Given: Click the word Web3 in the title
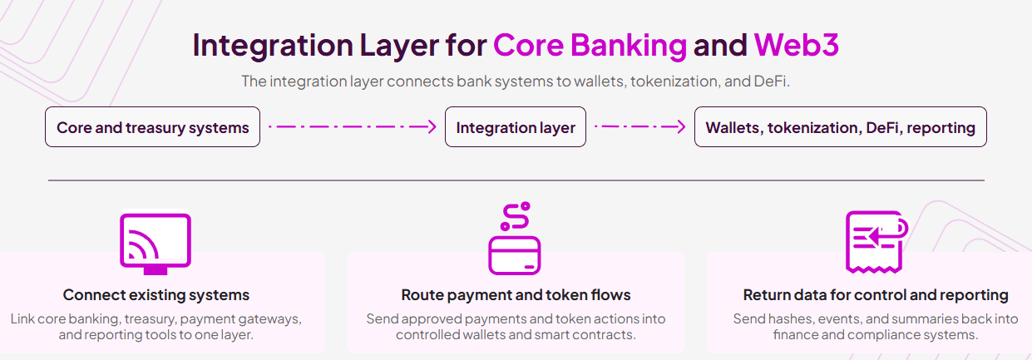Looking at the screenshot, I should (796, 45).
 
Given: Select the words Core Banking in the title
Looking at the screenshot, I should (590, 45).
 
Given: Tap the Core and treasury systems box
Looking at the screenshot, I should (152, 127).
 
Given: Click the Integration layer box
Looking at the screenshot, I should (516, 127).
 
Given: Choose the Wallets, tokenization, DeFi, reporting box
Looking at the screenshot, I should (840, 127).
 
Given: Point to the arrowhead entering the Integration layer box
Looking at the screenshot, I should (430, 127).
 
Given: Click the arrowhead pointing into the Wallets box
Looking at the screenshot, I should (679, 127).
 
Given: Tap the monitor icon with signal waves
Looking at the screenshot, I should (156, 242).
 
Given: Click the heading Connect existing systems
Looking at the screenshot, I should (156, 295).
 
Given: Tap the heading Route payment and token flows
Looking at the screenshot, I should (516, 295).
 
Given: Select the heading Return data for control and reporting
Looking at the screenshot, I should (875, 295).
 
